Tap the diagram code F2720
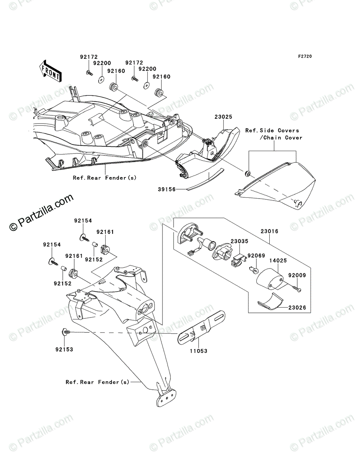click(x=305, y=57)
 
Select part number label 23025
click(x=223, y=117)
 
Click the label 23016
click(x=269, y=232)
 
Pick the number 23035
click(x=240, y=242)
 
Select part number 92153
click(x=64, y=348)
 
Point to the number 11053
click(x=198, y=351)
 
